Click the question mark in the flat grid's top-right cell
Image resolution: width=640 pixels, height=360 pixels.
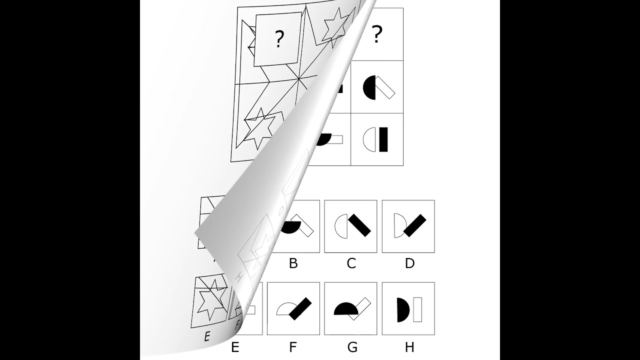click(377, 34)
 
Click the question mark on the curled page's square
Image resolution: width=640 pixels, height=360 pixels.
click(278, 39)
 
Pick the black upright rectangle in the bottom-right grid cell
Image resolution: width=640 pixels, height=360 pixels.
click(383, 139)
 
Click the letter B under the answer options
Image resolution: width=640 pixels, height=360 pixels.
click(293, 263)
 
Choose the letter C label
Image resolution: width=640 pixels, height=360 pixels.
click(351, 263)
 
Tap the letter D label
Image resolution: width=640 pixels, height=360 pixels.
click(409, 263)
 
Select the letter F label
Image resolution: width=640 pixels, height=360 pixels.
click(293, 346)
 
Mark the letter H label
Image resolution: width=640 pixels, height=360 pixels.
click(409, 346)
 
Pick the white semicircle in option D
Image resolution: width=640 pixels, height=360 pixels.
click(398, 225)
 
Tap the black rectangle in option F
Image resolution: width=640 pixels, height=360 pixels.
click(298, 309)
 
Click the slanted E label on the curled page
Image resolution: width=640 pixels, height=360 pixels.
click(206, 336)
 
